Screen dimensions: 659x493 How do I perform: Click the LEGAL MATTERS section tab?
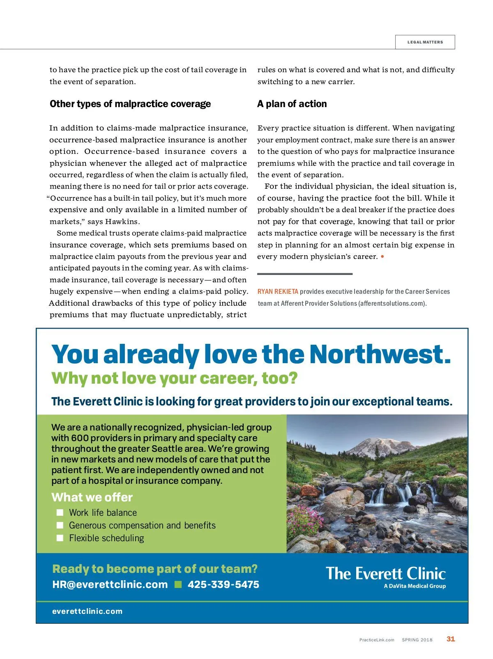(425, 42)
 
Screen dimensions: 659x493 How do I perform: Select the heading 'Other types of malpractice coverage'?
(130, 104)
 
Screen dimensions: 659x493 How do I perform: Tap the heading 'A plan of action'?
(292, 104)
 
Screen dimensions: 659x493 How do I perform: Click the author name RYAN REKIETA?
(278, 292)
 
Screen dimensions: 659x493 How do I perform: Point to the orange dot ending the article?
(382, 257)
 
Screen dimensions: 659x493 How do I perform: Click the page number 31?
(451, 639)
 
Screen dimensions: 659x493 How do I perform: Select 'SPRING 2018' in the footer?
(417, 640)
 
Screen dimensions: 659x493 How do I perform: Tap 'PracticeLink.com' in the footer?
(377, 640)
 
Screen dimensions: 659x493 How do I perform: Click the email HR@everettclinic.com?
(110, 585)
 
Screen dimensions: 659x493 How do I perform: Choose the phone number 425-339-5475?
(223, 585)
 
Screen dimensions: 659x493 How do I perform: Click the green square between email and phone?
(178, 585)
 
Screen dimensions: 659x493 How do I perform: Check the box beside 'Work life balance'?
(60, 513)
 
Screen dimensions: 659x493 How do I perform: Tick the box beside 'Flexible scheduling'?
(60, 538)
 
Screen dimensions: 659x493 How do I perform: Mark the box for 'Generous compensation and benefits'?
(60, 525)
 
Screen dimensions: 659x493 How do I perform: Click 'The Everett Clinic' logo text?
(386, 573)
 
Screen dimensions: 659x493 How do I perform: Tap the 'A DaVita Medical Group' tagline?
(415, 586)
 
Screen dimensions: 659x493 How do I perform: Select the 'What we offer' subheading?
(92, 497)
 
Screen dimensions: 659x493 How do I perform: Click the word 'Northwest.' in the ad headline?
(380, 354)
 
